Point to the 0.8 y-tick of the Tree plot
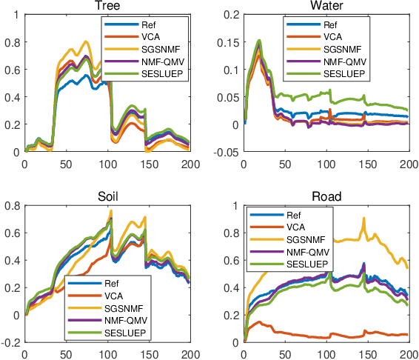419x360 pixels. coord(14,42)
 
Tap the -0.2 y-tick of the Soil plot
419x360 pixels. coord(11,342)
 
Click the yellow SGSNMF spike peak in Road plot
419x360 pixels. coord(363,218)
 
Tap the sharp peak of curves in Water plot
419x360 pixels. coord(258,41)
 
